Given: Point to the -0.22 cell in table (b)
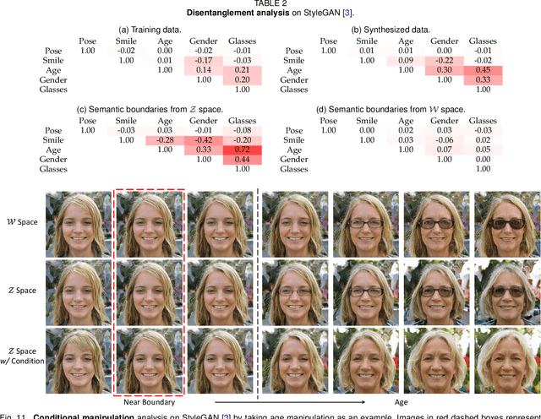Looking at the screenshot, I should click(x=444, y=60).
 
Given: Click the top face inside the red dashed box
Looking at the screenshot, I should click(x=149, y=223).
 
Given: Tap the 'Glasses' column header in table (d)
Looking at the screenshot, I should click(x=483, y=119).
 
